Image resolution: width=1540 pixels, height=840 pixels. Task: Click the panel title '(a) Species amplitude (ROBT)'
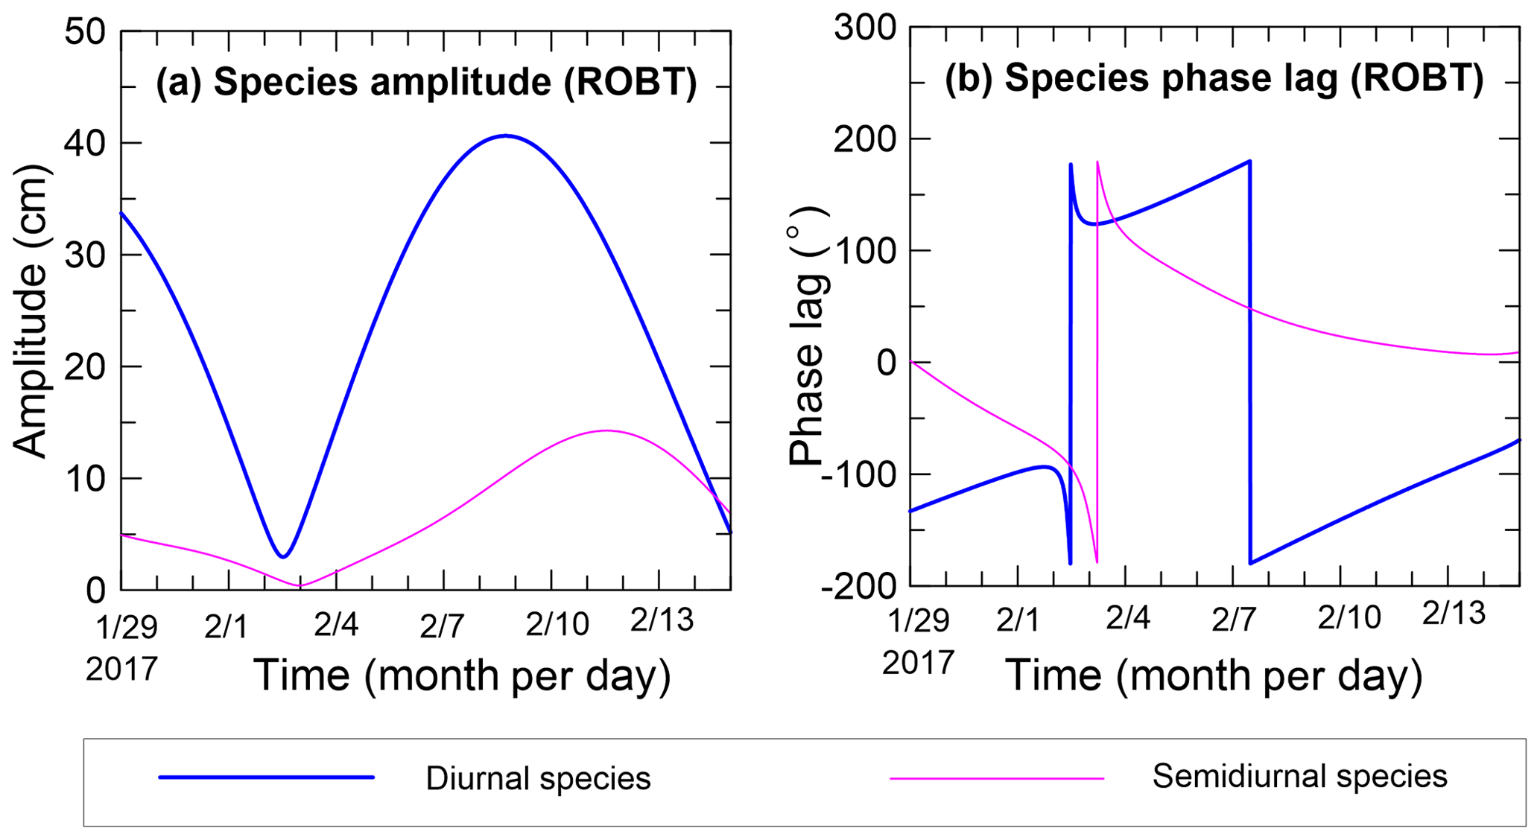click(426, 82)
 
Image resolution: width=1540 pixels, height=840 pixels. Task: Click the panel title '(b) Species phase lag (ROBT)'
click(1214, 77)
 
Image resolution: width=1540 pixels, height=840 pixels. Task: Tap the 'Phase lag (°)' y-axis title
click(808, 337)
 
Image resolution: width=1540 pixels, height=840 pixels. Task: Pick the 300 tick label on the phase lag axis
click(866, 28)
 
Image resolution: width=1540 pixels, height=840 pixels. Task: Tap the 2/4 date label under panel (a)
click(336, 624)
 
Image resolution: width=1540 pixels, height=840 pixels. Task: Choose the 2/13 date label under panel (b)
click(1454, 614)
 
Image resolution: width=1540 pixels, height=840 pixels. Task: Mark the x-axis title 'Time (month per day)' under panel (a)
click(463, 675)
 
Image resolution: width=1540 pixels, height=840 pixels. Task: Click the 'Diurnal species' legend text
click(538, 779)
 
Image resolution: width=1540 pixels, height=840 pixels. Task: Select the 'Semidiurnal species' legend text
click(1299, 777)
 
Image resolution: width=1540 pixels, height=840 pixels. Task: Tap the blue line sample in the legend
click(266, 777)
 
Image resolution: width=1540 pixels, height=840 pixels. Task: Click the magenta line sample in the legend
click(997, 779)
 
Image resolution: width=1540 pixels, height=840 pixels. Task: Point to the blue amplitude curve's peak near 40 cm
click(506, 136)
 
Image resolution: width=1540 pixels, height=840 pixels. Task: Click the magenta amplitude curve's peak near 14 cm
click(606, 430)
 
